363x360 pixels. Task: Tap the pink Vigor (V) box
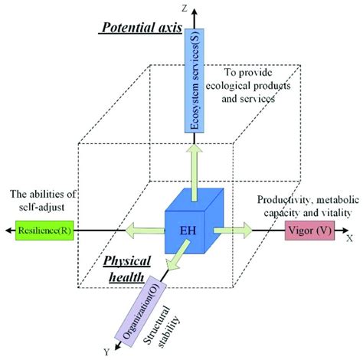[309, 229]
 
